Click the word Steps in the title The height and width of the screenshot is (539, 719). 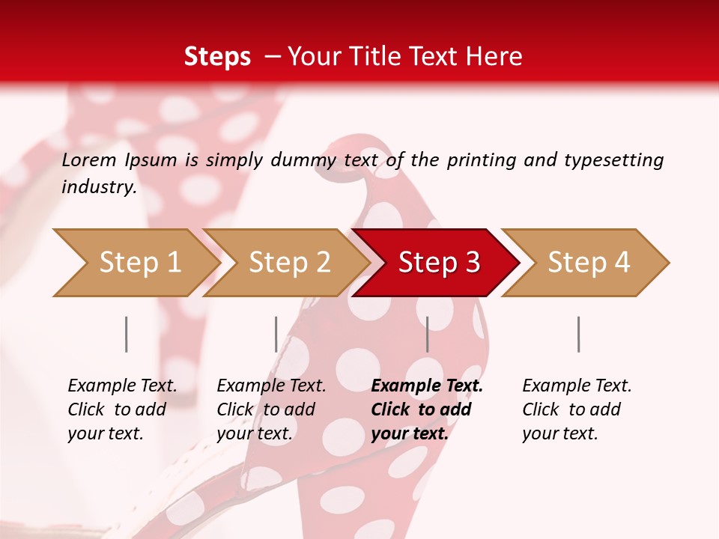click(x=217, y=56)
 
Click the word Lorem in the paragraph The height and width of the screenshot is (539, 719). click(x=89, y=160)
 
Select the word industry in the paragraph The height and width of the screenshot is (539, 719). click(x=99, y=187)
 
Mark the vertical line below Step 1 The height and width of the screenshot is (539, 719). click(x=127, y=334)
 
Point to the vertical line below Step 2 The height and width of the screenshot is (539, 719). click(x=276, y=334)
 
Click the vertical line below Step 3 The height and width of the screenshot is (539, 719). click(x=428, y=334)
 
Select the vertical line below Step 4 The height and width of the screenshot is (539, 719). click(x=579, y=334)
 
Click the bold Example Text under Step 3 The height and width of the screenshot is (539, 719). click(x=427, y=386)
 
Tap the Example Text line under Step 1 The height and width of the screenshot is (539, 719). click(x=122, y=386)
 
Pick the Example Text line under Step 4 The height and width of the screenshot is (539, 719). click(x=577, y=386)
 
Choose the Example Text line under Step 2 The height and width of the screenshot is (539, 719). click(x=271, y=386)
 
